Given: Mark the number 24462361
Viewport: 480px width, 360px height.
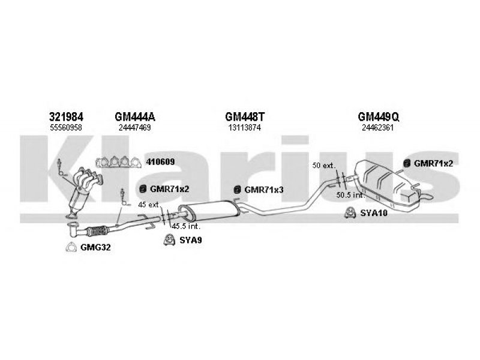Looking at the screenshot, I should click(x=377, y=128).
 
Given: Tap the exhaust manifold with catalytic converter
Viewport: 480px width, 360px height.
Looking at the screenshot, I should click(x=82, y=189).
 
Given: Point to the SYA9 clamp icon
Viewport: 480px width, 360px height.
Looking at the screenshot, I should click(x=169, y=241).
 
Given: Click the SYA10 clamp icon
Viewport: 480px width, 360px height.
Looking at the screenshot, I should click(x=348, y=212).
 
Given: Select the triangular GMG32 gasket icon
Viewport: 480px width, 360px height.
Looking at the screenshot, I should click(x=71, y=248).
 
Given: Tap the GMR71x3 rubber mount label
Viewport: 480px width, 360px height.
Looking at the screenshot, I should click(x=263, y=190).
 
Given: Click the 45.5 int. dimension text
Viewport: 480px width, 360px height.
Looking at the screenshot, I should click(x=185, y=226).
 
